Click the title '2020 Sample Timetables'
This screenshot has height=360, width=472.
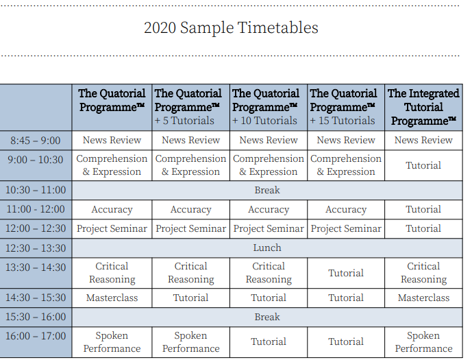(x=231, y=27)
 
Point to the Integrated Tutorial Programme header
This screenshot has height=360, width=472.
(x=423, y=107)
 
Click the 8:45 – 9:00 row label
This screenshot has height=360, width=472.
(x=36, y=141)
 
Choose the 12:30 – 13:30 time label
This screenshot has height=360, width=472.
(x=36, y=248)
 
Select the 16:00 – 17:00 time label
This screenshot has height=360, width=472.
(x=36, y=336)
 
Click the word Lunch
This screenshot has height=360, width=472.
(x=267, y=248)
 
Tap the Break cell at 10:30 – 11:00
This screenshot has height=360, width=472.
(x=267, y=190)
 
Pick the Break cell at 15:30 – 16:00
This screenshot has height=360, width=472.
(x=267, y=317)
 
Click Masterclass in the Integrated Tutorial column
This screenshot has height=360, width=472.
(x=423, y=298)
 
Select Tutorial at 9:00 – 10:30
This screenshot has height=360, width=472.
(x=423, y=165)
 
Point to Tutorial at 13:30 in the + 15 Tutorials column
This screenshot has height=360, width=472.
(x=346, y=273)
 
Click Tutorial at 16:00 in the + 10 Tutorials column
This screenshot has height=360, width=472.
(x=269, y=341)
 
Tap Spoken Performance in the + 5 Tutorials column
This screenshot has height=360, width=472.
(x=191, y=342)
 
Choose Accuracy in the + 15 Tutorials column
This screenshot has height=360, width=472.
(x=346, y=209)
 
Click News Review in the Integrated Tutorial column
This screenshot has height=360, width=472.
(x=423, y=140)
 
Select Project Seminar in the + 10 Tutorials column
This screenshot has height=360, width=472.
(x=269, y=228)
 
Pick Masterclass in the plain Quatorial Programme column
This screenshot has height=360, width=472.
(x=112, y=298)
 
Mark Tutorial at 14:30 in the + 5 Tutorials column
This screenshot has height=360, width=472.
(x=191, y=298)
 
